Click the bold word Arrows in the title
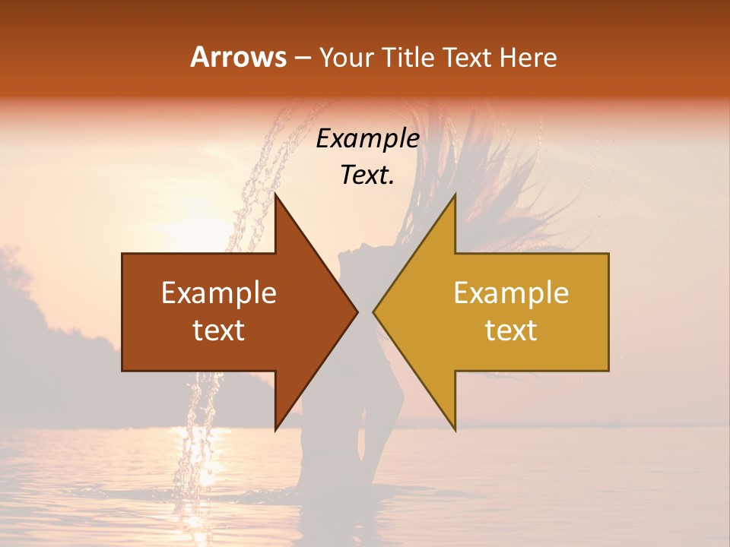pos(238,57)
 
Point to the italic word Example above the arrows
pos(367,138)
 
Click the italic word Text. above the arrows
pos(367,175)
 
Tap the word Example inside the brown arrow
pos(219,293)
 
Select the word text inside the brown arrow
pos(219,330)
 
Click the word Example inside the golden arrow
pos(511,293)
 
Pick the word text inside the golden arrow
pos(511,330)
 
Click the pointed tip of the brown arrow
pos(357,311)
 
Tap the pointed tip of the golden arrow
pos(373,311)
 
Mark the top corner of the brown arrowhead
pos(275,195)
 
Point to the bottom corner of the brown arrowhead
pos(275,429)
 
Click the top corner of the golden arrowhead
pos(455,195)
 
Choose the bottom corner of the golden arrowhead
pos(455,429)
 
